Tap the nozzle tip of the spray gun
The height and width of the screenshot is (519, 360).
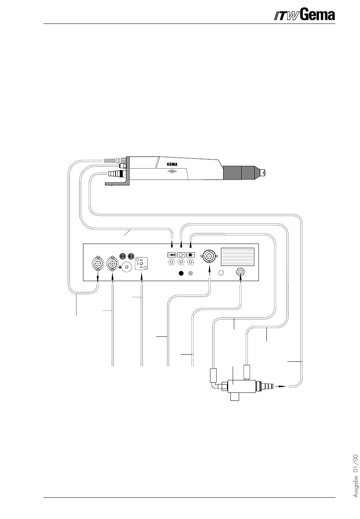point(265,173)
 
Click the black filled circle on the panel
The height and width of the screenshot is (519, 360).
point(181,273)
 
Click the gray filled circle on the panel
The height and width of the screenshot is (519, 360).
point(191,273)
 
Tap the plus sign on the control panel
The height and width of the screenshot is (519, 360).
point(120,267)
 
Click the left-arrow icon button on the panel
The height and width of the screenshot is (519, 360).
point(172,255)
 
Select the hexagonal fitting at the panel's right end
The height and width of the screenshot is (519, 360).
point(240,271)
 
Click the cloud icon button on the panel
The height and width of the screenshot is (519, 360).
point(181,255)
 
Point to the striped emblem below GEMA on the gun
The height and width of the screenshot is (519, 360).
point(173,171)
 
